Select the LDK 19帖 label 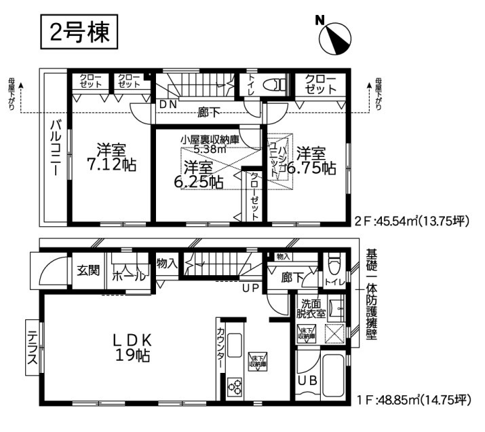pos(132,346)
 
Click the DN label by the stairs pos(168,104)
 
